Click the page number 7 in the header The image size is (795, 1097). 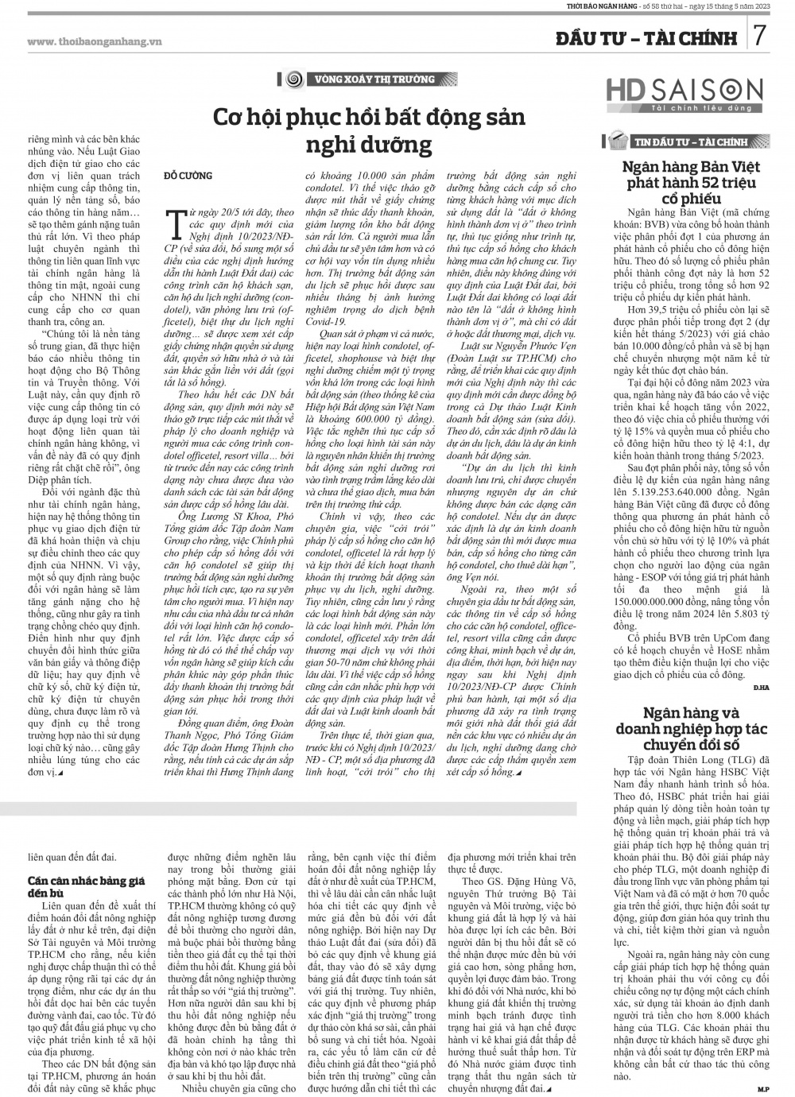coord(761,36)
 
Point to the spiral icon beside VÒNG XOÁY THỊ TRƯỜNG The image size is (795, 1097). coord(293,79)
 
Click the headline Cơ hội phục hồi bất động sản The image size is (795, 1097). coord(370,118)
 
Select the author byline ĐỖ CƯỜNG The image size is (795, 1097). coord(188,174)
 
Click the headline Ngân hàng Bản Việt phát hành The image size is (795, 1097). coord(690,182)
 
